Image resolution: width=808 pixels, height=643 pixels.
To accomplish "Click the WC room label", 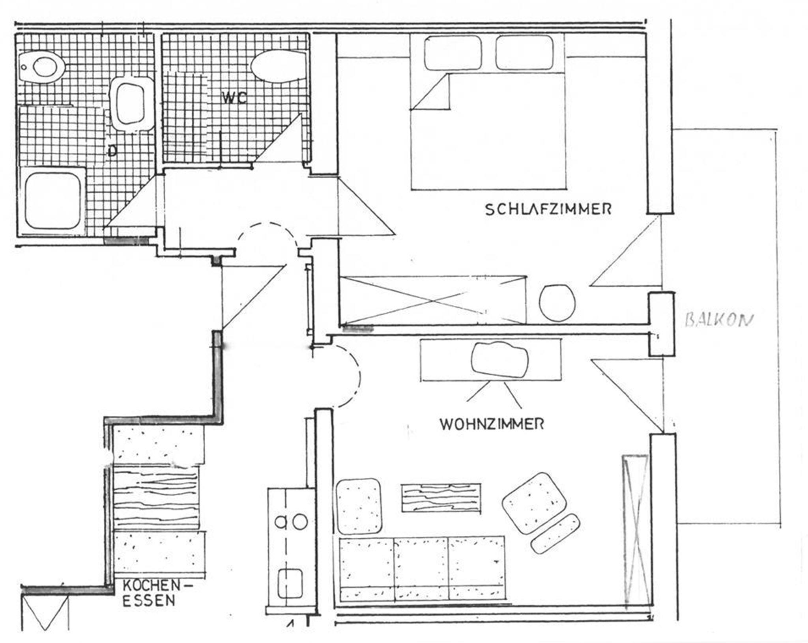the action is click(x=234, y=98).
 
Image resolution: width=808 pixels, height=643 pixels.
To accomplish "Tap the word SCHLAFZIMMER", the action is click(x=548, y=209).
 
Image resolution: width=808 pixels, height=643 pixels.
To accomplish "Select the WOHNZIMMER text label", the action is click(x=492, y=424).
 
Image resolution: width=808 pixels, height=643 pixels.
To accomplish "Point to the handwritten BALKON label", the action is click(x=719, y=320).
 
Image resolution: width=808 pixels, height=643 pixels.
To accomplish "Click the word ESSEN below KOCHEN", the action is click(x=149, y=601).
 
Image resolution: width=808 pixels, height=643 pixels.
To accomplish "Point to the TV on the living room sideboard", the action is click(x=500, y=360).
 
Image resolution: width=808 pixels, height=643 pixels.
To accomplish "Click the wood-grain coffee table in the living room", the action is click(x=441, y=498).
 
